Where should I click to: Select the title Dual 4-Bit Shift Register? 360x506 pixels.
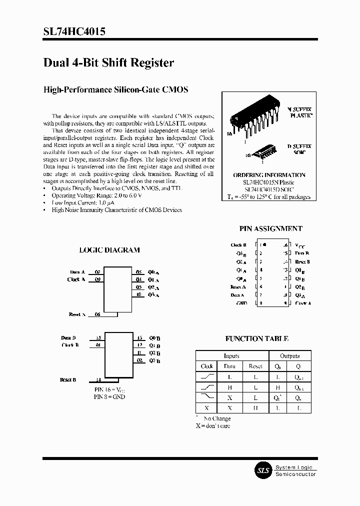108,63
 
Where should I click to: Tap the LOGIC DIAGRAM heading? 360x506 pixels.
109,250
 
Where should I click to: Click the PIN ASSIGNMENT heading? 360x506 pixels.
270,228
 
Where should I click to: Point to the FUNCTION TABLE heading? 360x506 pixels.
256,338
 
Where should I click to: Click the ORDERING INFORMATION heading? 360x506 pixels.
269,175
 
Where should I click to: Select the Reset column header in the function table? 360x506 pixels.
255,366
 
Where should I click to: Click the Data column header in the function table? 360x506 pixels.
229,366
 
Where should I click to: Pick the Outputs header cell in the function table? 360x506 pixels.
289,355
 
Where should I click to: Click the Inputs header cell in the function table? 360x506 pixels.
231,355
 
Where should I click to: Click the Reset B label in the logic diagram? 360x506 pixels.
68,380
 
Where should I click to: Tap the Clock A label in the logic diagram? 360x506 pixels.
76,279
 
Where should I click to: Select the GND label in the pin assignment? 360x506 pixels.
241,303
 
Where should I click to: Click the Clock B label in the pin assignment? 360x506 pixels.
238,245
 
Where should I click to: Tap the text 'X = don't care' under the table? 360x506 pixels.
212,425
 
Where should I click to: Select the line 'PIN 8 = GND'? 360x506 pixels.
110,396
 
